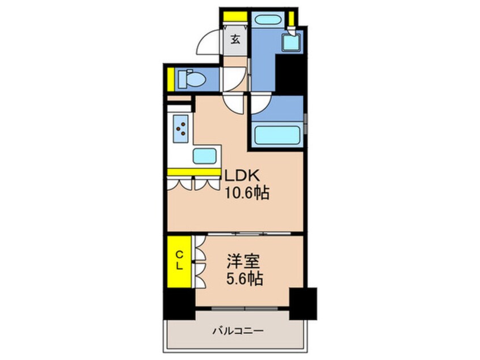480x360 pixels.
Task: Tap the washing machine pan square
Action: pos(294,40)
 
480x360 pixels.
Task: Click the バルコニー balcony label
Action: pos(238,330)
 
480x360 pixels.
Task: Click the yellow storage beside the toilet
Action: pos(170,78)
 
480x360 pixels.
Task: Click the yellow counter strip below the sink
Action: pos(193,171)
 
